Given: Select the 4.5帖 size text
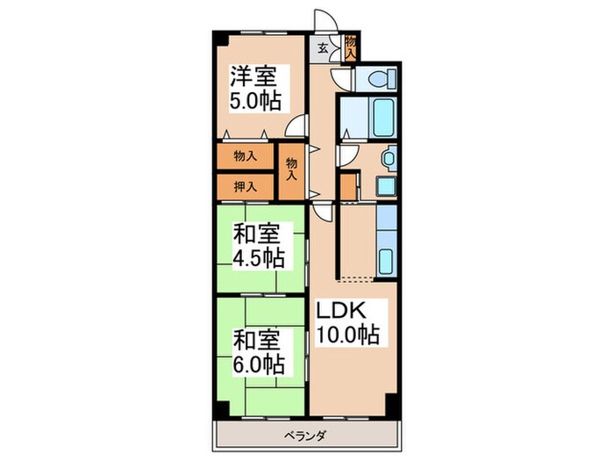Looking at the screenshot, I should [257, 259].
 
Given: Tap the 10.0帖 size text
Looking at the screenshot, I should [347, 335].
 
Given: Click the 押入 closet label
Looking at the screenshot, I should [245, 186].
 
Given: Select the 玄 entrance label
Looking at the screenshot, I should [323, 48].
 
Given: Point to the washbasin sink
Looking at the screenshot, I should [387, 160].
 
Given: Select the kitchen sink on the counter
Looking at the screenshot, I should [387, 260].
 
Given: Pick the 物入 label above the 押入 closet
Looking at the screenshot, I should [245, 156].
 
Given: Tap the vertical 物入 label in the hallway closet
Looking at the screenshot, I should [291, 169].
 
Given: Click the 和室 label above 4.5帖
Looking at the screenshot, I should [257, 234].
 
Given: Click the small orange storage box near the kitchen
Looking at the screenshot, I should [349, 187].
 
